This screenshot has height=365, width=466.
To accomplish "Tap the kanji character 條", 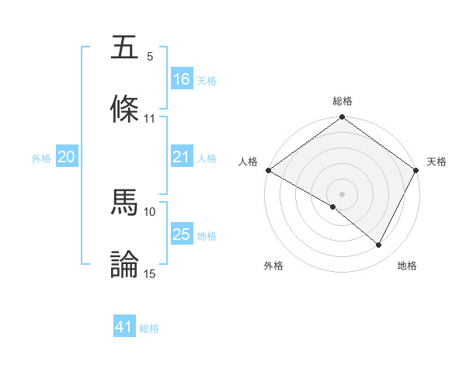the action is pos(125,109).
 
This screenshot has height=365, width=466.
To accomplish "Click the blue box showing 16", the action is pos(182,79).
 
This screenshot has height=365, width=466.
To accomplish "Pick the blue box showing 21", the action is pos(182,157).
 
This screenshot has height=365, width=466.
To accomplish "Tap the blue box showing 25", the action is pos(182,235).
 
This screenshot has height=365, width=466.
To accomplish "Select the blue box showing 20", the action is pos(66,157).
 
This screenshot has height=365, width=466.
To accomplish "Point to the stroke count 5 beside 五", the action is pos(150,57).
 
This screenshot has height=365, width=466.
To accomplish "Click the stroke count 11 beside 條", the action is pos(150,119).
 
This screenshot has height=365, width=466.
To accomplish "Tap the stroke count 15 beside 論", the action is pos(150,273).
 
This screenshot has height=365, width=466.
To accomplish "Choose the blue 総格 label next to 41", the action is pos(149,328).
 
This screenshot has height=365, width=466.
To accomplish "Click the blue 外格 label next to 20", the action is pos(41,158).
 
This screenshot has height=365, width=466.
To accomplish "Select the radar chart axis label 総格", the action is pos(343,101).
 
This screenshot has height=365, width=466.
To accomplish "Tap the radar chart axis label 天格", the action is pos(437,162).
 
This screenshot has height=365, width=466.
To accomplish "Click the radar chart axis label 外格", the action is pos(273,266).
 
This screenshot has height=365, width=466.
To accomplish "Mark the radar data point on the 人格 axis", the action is pos(268,170).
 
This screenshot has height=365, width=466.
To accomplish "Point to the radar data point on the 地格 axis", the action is pos(379,245).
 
